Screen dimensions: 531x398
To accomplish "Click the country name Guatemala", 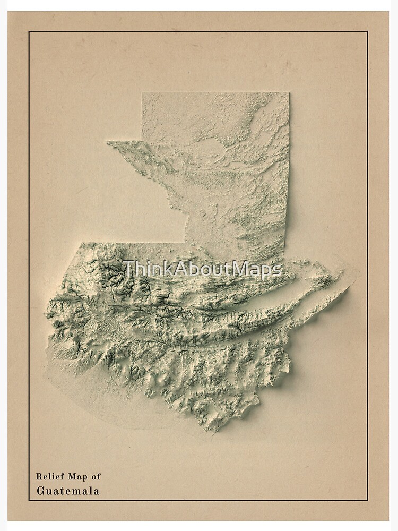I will coord(67,491).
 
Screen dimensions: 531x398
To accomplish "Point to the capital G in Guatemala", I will coord(40,491).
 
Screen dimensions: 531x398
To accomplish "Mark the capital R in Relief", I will coord(39,477).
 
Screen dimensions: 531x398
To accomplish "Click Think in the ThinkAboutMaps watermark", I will coord(142,269).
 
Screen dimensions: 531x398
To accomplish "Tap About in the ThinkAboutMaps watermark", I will coord(196,269).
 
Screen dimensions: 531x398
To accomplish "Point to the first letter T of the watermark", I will coord(127,269).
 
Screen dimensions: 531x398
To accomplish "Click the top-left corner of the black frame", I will coord(29,32).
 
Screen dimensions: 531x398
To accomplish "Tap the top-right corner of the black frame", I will coord(367,32).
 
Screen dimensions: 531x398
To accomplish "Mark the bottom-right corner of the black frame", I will coord(367,500).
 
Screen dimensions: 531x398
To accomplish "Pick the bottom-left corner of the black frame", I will coord(29,500).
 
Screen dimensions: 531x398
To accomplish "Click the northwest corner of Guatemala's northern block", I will coord(142,93).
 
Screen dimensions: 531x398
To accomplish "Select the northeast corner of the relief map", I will coord(289,93).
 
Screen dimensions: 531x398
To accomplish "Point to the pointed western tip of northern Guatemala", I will coord(107,142).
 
